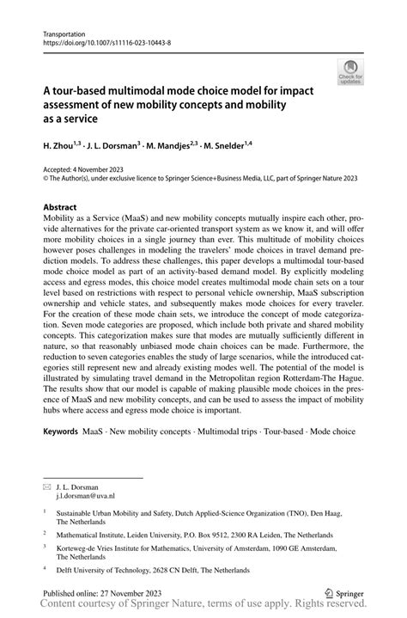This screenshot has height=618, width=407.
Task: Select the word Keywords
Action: (x=60, y=451)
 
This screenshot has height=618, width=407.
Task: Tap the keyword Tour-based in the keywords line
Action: (x=289, y=451)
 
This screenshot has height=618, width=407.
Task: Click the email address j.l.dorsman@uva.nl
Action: (x=93, y=496)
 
